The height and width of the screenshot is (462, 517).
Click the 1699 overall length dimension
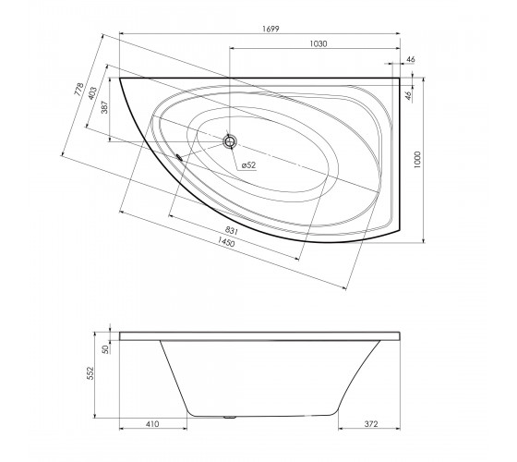point(271,29)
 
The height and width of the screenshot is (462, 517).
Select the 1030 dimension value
point(319,44)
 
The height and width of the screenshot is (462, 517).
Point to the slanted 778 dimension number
point(78,90)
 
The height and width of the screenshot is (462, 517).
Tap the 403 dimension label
point(92,93)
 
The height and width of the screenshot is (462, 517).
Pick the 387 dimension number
point(104,107)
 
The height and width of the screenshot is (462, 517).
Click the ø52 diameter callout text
point(248,165)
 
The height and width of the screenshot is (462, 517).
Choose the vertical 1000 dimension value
point(417,160)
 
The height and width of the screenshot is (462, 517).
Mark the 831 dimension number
point(232,230)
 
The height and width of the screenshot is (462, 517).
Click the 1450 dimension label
point(226,242)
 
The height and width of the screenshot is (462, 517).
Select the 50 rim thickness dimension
point(105,349)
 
